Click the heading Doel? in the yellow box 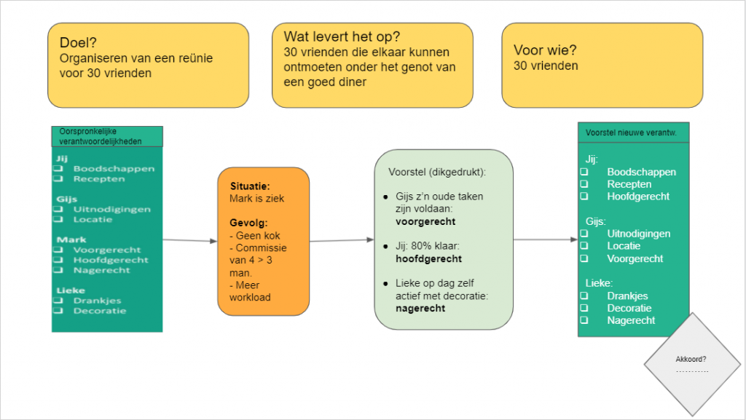pos(79,41)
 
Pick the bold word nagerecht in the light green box pos(420,308)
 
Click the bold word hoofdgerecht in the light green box pos(429,258)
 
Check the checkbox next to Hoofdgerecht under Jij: pos(584,197)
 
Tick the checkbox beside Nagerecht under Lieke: pos(584,320)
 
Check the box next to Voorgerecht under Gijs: pos(584,258)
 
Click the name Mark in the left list pos(71,239)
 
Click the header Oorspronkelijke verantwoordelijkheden pos(106,136)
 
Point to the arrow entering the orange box pos(189,240)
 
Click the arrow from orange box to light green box pos(342,239)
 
